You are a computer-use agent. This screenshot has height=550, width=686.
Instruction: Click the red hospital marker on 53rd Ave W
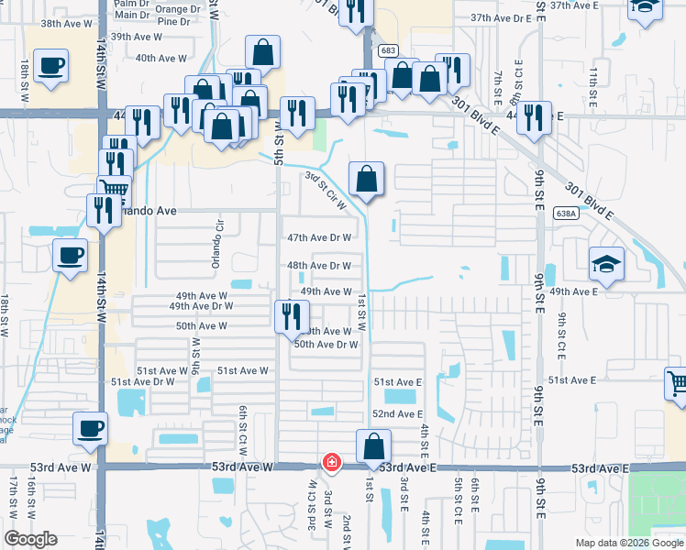(330, 463)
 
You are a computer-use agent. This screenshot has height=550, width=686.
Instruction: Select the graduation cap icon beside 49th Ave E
(606, 264)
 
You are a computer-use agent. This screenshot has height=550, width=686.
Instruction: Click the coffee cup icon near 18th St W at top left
(50, 66)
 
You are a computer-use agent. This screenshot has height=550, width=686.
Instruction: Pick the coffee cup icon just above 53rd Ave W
(90, 429)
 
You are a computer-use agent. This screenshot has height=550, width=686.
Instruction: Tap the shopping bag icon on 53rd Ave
(373, 447)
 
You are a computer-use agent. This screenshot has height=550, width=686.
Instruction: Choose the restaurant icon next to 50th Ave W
(291, 315)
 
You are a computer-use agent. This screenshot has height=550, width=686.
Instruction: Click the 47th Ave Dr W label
(319, 237)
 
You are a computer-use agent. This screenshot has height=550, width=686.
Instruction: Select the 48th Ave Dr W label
(319, 266)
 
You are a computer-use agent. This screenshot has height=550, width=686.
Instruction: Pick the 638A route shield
(567, 214)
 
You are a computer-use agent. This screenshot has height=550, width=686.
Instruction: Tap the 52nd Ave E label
(397, 414)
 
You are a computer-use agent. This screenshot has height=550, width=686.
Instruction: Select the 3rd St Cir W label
(326, 190)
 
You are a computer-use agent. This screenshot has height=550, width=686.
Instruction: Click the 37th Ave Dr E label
(501, 17)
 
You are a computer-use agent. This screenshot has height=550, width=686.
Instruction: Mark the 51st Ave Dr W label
(142, 381)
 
